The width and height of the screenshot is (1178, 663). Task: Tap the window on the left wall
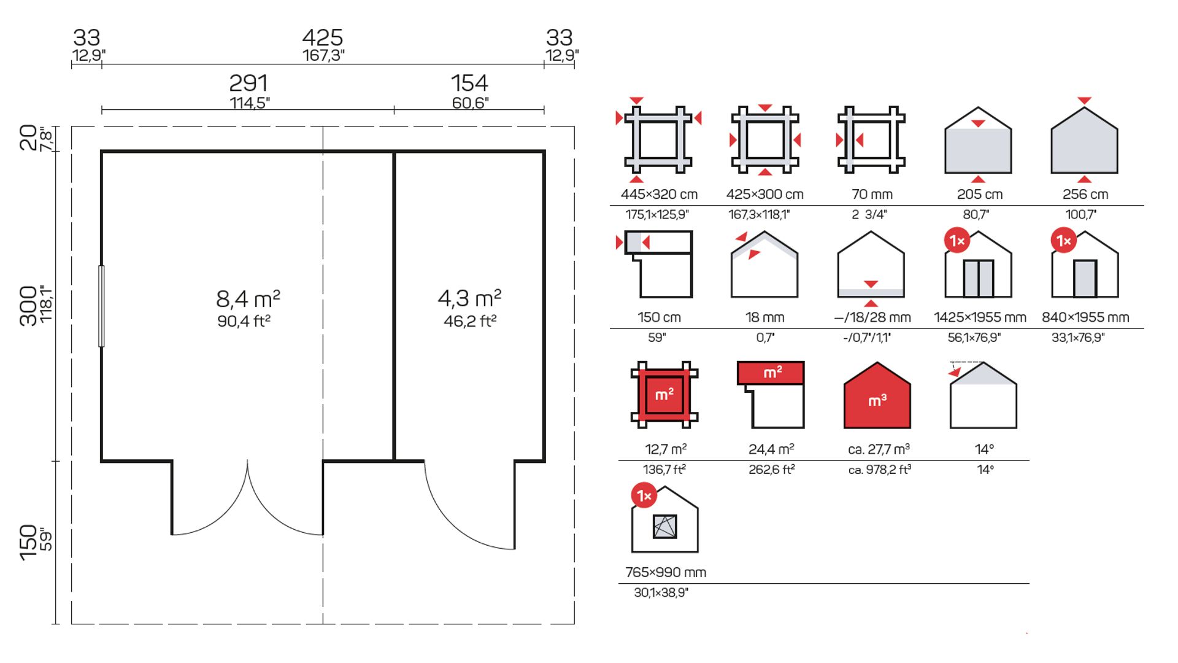point(101,306)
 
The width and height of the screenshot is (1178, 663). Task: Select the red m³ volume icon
point(877,396)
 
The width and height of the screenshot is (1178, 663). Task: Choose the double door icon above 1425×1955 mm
point(978,264)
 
